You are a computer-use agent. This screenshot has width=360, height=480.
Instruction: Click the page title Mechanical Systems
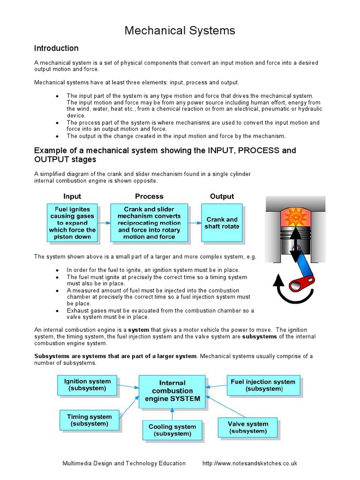click(x=180, y=31)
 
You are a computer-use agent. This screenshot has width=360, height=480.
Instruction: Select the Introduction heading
click(x=56, y=48)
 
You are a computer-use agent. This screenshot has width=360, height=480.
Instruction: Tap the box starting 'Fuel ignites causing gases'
click(x=72, y=223)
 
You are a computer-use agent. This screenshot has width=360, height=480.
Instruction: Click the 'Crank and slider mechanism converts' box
click(x=149, y=223)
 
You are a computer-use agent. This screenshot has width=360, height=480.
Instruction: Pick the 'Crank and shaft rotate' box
click(x=222, y=223)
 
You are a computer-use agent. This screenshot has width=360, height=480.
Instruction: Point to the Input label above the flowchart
click(x=72, y=196)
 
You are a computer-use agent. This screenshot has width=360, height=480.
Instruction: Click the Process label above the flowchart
click(x=149, y=196)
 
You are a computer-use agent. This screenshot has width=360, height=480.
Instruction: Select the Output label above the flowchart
click(x=222, y=196)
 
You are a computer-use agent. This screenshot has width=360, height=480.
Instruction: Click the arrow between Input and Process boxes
click(x=104, y=223)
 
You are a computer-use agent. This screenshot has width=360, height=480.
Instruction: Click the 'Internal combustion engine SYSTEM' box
click(x=172, y=391)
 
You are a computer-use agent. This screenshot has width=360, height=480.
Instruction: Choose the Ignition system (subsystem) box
click(x=87, y=385)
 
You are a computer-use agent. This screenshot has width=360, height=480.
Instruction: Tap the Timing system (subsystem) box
click(x=89, y=420)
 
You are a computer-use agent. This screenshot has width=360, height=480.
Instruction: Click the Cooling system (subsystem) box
click(x=172, y=430)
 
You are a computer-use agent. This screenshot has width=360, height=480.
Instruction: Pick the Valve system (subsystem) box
click(x=248, y=427)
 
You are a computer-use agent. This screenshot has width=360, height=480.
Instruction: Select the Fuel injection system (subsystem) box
click(x=263, y=385)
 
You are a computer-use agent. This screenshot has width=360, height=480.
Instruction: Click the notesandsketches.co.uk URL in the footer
click(x=249, y=463)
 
